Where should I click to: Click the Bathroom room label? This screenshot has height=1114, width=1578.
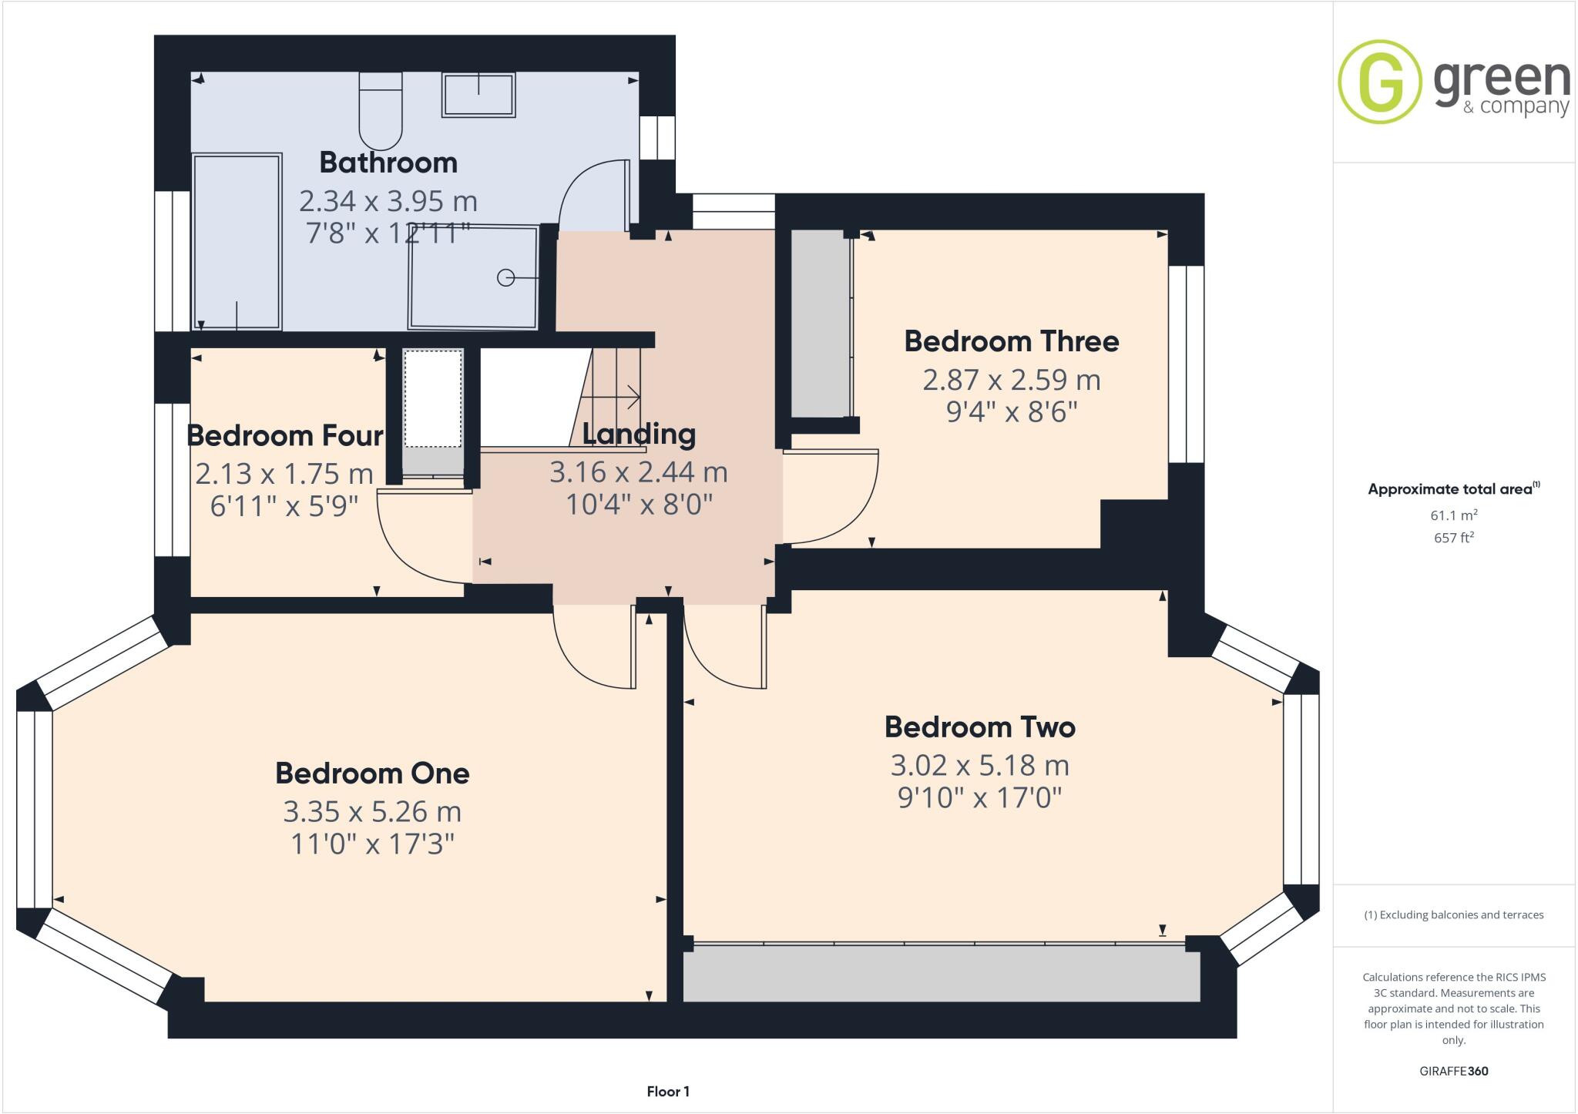[388, 163]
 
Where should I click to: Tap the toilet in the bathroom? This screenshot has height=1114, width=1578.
[381, 112]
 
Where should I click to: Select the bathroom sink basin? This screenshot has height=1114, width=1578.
[478, 95]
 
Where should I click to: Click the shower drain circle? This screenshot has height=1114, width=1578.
[505, 277]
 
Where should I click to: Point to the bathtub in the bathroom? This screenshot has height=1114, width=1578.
[237, 242]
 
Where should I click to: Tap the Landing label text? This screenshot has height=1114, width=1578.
[639, 434]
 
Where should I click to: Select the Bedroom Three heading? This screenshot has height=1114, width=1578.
[1011, 341]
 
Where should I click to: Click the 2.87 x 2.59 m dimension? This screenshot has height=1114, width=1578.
[1011, 380]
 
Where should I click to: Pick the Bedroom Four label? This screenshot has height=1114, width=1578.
[284, 435]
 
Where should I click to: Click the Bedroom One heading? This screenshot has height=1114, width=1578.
[372, 773]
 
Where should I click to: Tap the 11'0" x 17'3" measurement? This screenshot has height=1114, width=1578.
[372, 844]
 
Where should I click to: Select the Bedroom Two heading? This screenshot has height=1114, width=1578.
[979, 726]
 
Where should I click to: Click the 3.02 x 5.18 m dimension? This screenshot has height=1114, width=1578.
[979, 765]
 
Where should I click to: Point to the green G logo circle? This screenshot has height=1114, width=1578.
[1379, 82]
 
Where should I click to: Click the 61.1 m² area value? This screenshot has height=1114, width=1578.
[1453, 515]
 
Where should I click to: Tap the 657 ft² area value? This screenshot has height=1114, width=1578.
[1453, 538]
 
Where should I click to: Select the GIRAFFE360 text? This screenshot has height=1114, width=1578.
[1453, 1071]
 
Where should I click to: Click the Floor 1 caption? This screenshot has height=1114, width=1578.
[668, 1091]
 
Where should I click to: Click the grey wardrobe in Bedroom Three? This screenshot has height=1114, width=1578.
[820, 324]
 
